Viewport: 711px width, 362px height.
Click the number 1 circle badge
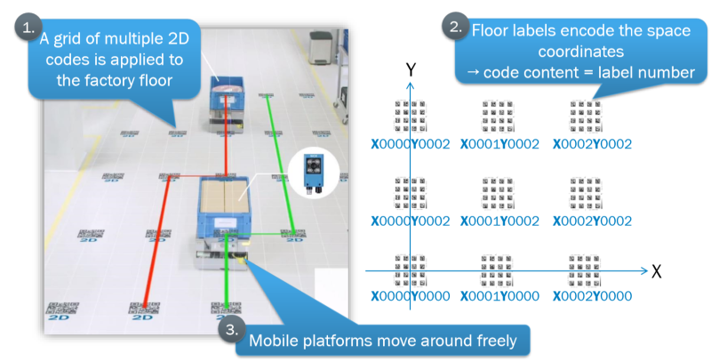(x=25, y=28)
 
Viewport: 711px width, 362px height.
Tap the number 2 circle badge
(x=454, y=27)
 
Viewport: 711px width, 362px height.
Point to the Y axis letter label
(x=410, y=69)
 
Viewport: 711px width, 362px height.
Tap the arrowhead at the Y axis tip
(x=409, y=84)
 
